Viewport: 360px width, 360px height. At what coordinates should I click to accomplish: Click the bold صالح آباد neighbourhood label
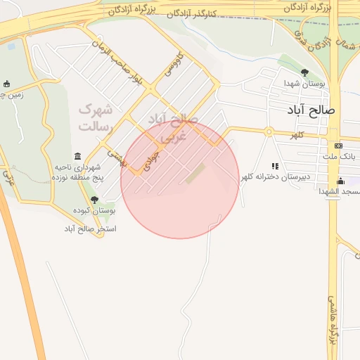pyautogui.click(x=311, y=110)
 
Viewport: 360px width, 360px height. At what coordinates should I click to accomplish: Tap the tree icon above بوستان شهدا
pyautogui.click(x=304, y=72)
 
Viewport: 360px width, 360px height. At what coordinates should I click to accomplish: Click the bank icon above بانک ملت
pyautogui.click(x=339, y=146)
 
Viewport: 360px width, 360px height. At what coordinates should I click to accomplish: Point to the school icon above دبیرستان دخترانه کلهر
pyautogui.click(x=275, y=166)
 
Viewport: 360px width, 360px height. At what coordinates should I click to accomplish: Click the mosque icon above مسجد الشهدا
pyautogui.click(x=341, y=181)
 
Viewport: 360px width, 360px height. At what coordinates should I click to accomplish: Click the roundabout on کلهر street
pyautogui.click(x=269, y=131)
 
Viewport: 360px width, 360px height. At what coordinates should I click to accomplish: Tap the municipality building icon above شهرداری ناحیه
pyautogui.click(x=77, y=156)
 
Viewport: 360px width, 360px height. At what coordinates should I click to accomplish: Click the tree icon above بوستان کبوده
pyautogui.click(x=94, y=200)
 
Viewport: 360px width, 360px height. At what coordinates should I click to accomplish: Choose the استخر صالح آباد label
pyautogui.click(x=90, y=229)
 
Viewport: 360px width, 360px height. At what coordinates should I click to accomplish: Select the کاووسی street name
pyautogui.click(x=173, y=64)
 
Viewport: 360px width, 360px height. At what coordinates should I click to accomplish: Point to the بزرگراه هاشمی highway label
pyautogui.click(x=330, y=320)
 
